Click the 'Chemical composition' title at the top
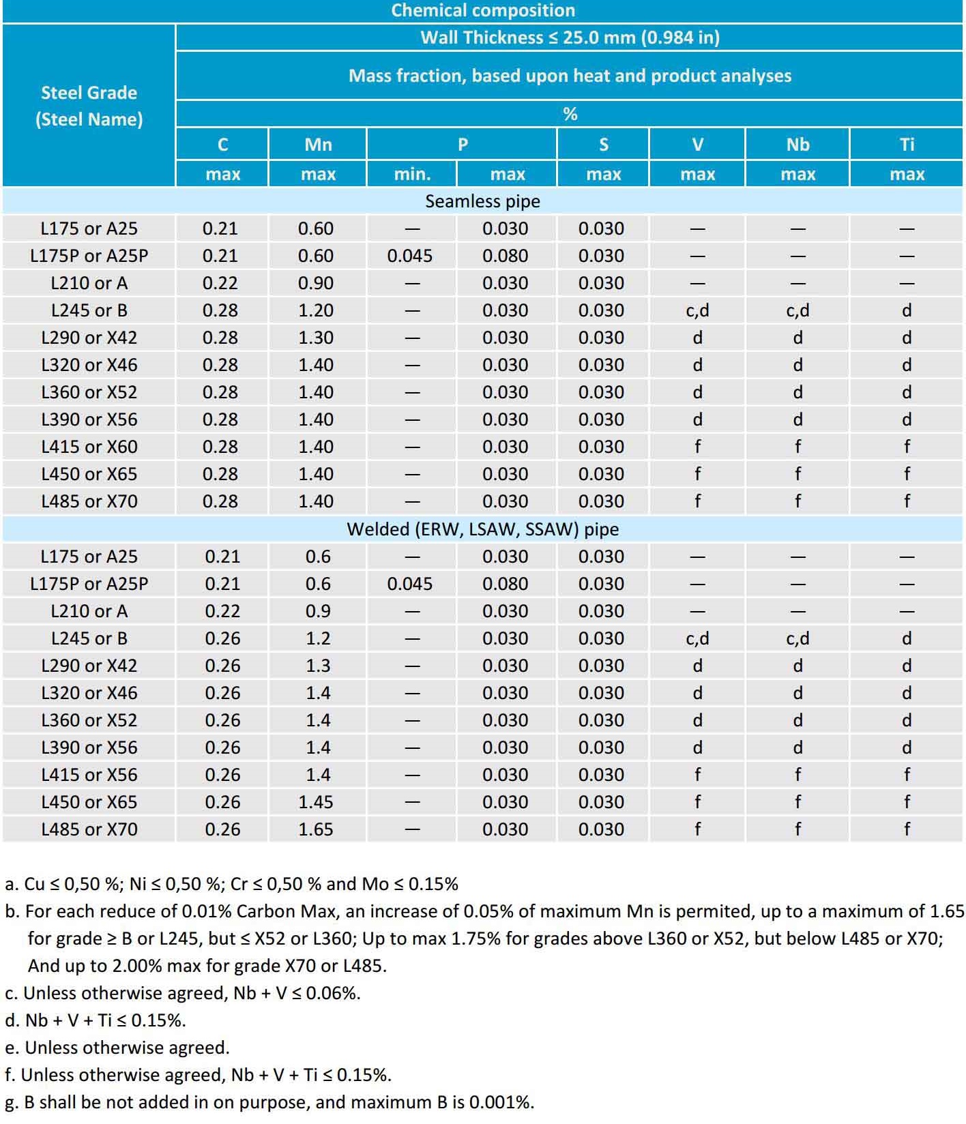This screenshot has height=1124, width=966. click(x=483, y=10)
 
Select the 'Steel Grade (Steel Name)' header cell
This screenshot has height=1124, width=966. click(x=89, y=106)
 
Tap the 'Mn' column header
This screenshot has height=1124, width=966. click(x=318, y=145)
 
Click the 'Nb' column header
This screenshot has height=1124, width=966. click(x=797, y=145)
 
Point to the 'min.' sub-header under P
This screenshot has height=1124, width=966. click(x=412, y=175)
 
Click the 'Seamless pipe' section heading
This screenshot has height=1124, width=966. click(x=482, y=201)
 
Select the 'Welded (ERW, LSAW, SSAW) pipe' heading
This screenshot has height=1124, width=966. click(x=482, y=529)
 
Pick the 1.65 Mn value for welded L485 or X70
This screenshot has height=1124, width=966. click(x=316, y=829)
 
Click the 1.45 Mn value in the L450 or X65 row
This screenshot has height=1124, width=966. click(x=316, y=802)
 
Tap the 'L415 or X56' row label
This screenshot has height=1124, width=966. click(x=89, y=775)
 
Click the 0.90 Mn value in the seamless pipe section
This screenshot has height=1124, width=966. click(x=316, y=283)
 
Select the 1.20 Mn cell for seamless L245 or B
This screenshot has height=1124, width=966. click(x=316, y=310)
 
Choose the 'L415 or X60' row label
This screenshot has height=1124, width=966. click(x=89, y=447)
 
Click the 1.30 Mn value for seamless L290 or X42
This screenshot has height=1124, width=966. click(x=316, y=338)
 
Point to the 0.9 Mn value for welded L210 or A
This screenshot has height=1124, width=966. click(x=318, y=611)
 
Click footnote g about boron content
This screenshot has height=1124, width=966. click(x=269, y=1102)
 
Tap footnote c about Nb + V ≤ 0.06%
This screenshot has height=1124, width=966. click(x=182, y=993)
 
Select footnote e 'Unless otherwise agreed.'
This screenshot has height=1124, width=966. click(x=117, y=1048)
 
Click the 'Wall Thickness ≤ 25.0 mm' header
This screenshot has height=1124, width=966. click(x=570, y=38)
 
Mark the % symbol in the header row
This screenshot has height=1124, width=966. click(x=570, y=114)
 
